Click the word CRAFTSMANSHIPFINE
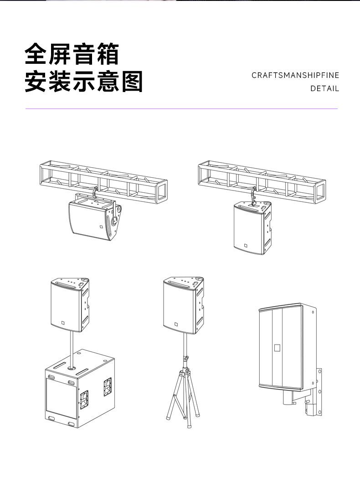[295, 75]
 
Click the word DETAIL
[324, 88]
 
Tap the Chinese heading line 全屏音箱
[72, 55]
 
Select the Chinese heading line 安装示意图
[84, 82]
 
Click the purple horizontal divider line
[181, 109]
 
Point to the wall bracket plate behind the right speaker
[319, 392]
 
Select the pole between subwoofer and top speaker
[72, 346]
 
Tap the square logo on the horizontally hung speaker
[101, 226]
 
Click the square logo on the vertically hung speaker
[245, 247]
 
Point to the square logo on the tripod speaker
[176, 325]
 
